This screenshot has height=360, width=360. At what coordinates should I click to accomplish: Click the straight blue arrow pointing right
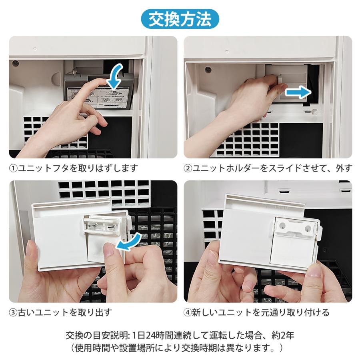298,92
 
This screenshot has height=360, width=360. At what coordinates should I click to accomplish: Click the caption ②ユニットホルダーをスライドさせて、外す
268,168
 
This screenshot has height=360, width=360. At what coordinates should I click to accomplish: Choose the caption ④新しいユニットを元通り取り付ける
256,312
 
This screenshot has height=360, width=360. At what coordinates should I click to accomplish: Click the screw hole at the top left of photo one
16,63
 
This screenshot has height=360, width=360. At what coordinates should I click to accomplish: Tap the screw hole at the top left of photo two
208,69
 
